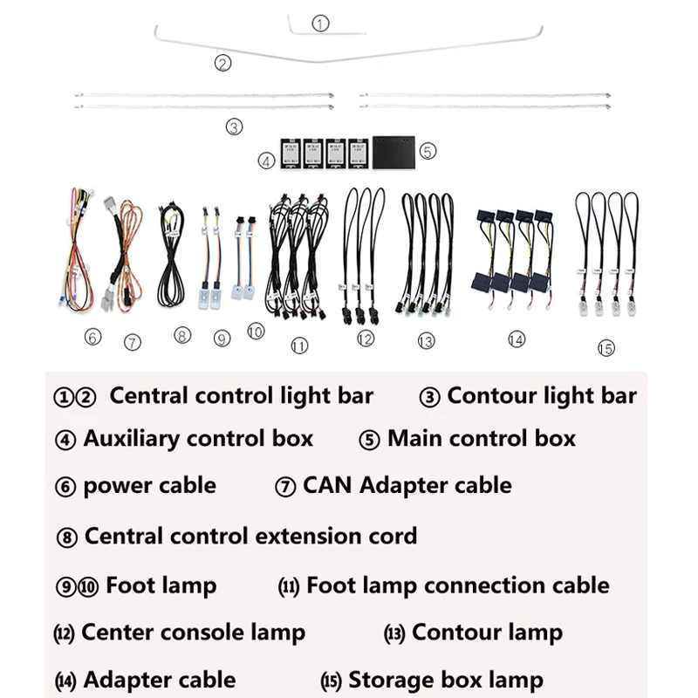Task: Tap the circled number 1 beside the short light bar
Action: (320, 24)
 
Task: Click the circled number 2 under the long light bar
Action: (223, 63)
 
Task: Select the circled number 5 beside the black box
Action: (428, 151)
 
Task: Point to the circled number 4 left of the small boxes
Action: (266, 161)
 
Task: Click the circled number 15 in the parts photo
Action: (606, 347)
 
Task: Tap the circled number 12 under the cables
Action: (365, 339)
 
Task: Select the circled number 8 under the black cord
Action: (181, 334)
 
